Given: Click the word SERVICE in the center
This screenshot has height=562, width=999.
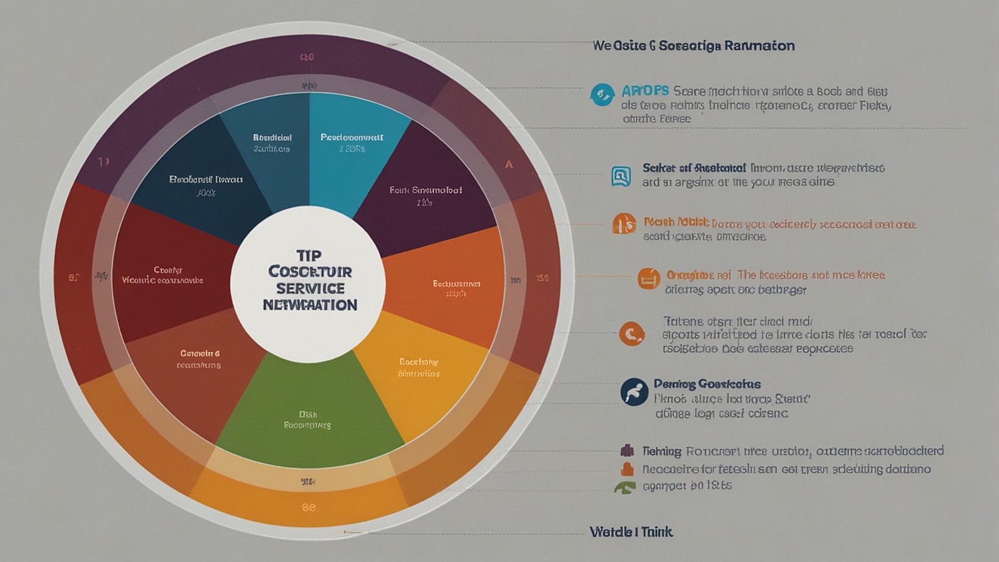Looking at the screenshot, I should (x=310, y=289).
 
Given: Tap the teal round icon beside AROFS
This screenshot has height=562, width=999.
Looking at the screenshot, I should (x=602, y=95).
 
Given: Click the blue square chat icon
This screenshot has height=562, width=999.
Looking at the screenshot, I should (x=621, y=176).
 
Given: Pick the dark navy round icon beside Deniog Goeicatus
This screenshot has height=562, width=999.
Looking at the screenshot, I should (x=634, y=392).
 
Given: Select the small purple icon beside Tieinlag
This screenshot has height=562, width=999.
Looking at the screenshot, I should (x=627, y=450).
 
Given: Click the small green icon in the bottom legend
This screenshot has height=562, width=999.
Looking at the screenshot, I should (x=625, y=487).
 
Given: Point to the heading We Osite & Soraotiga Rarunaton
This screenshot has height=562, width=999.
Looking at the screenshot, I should (x=693, y=46).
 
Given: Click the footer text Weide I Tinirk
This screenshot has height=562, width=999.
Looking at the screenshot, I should (x=631, y=532).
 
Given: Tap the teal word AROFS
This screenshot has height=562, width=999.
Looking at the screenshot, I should (x=645, y=91).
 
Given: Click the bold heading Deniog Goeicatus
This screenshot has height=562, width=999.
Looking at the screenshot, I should (x=707, y=384).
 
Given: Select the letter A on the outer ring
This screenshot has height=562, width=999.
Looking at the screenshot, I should (x=509, y=165).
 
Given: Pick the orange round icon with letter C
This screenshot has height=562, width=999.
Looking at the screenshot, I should (x=632, y=334).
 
